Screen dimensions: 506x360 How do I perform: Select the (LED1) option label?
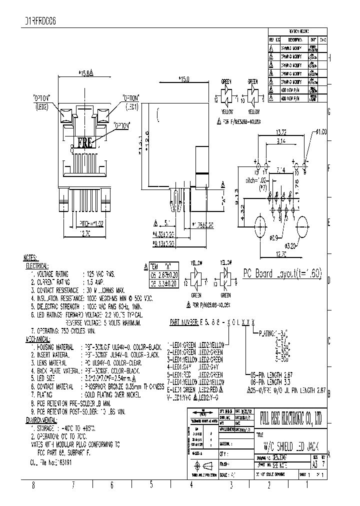tap(131, 106)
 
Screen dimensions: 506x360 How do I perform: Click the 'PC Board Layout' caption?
tap(282, 273)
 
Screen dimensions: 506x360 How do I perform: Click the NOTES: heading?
tap(34, 258)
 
